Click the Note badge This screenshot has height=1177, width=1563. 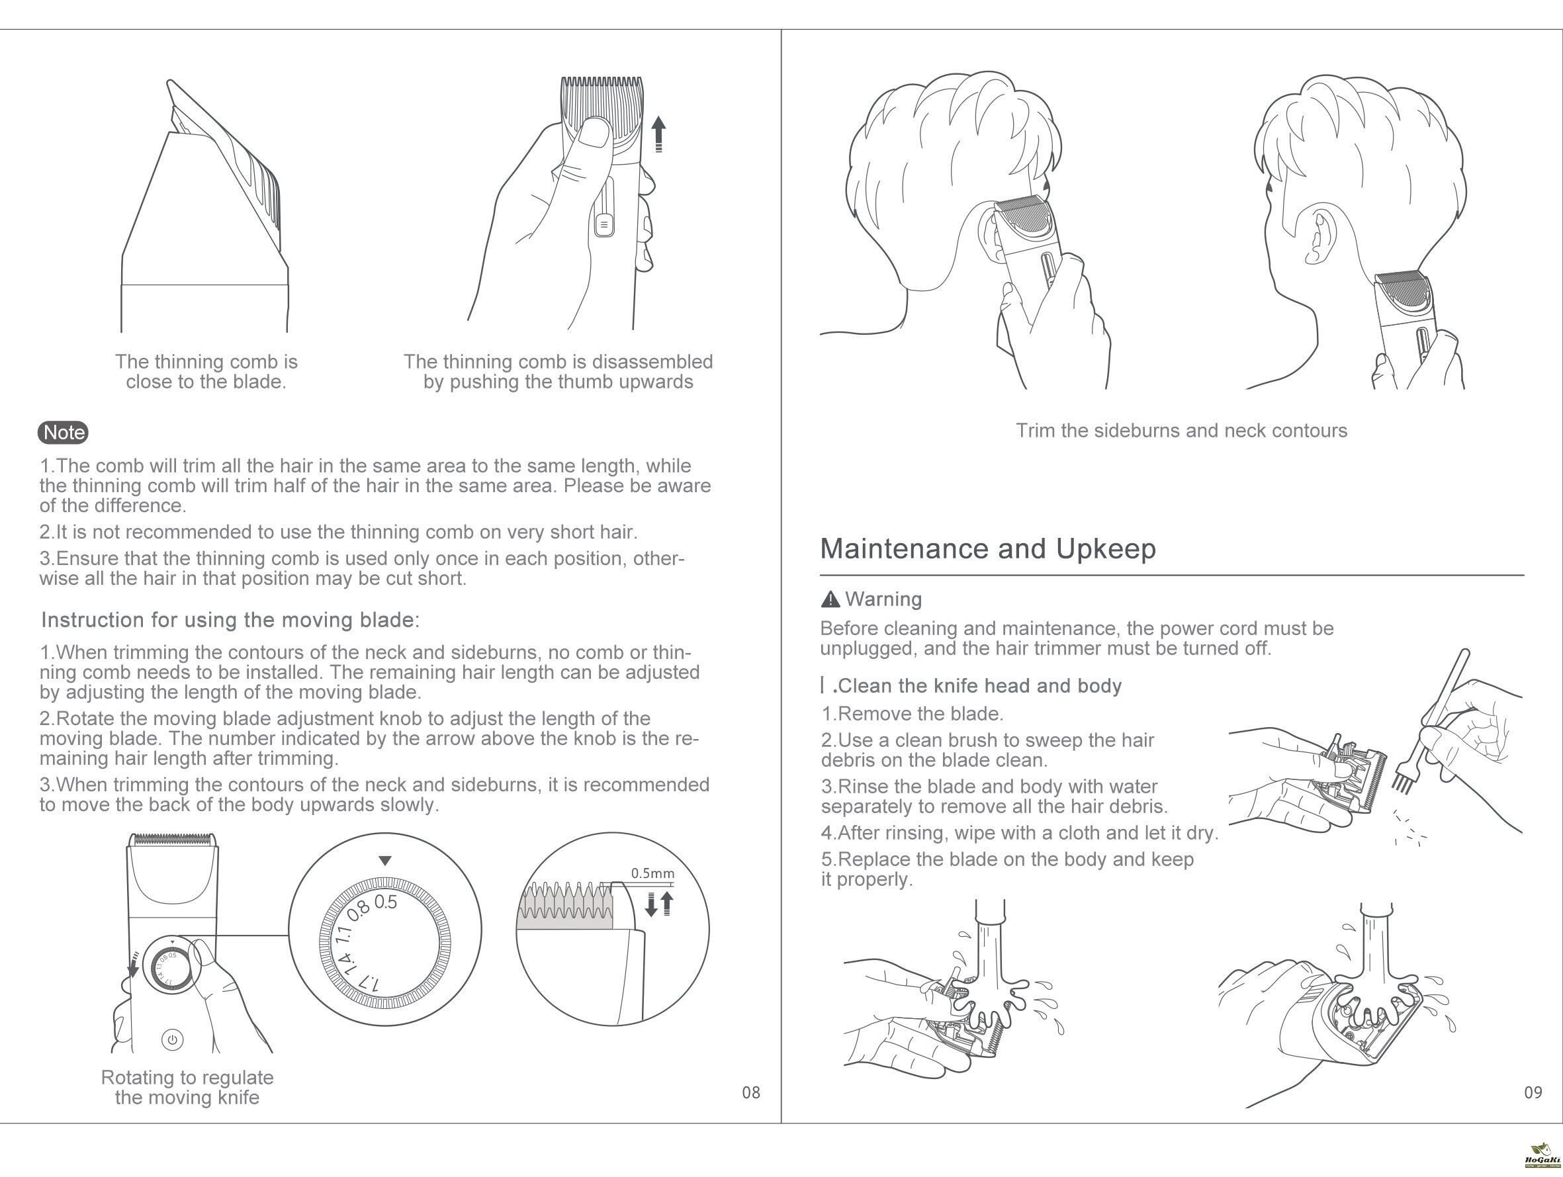63,433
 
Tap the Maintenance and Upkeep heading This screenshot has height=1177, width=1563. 988,549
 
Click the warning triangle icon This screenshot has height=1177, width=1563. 830,600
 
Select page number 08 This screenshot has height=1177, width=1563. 751,1093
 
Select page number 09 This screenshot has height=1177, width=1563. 1533,1093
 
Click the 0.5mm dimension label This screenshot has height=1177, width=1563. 653,873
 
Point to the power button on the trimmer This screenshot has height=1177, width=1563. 173,1039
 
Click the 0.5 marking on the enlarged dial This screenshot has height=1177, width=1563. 386,902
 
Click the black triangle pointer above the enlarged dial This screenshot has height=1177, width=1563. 385,861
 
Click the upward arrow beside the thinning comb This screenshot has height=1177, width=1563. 658,134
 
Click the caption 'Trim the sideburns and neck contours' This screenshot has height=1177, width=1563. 1181,431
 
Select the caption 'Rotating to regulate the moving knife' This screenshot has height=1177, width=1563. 187,1087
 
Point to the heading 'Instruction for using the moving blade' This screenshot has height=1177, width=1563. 230,621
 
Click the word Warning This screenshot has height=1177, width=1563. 883,600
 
